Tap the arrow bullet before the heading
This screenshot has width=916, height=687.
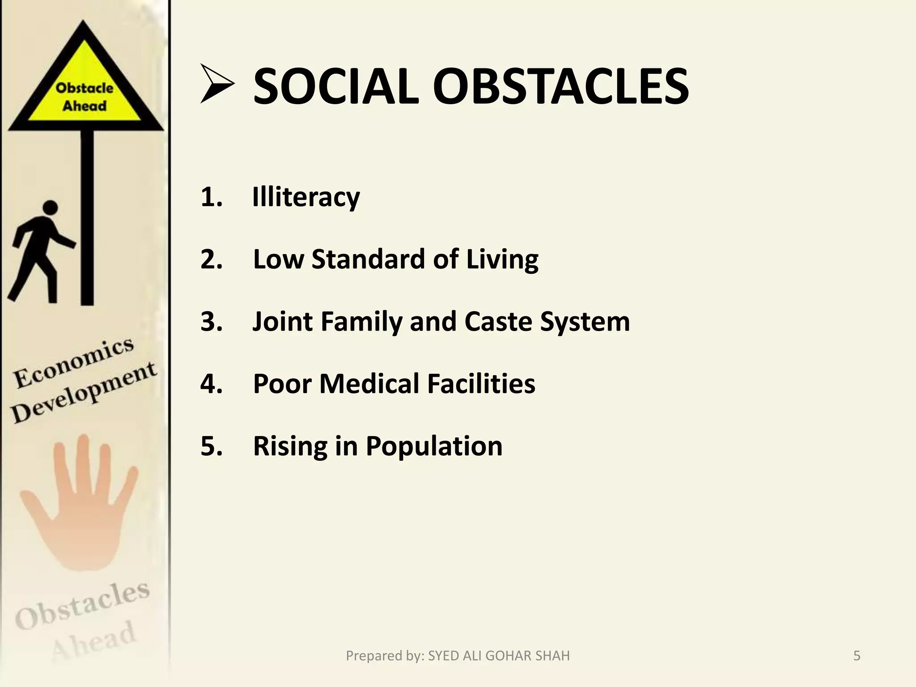point(217,84)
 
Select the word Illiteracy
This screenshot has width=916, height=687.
point(306,197)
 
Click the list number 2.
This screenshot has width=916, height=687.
point(212,259)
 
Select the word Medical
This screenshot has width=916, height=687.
point(369,384)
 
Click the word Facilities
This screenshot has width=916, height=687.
point(481,384)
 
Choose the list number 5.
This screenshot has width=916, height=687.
point(212,446)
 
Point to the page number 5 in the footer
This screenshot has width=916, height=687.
point(857,656)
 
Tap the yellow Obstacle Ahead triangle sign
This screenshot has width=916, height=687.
point(85,89)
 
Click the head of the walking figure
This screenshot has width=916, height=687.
point(50,208)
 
